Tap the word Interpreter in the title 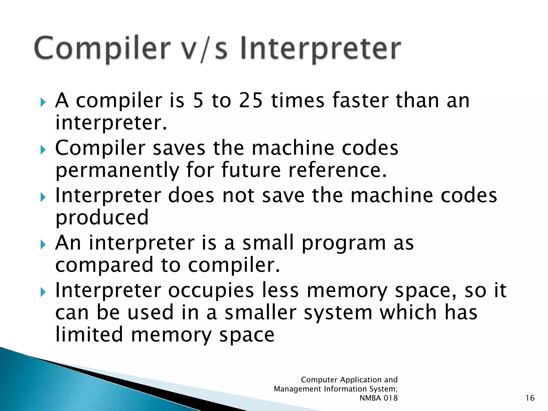coord(320,48)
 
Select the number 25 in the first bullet coord(250,101)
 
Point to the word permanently coord(117,170)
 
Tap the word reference coord(337,170)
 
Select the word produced coord(102,217)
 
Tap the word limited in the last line coord(89,334)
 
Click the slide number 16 coord(530,398)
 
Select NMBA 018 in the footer coord(378,398)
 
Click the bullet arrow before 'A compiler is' coord(43,102)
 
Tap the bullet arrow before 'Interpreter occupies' coord(43,292)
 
